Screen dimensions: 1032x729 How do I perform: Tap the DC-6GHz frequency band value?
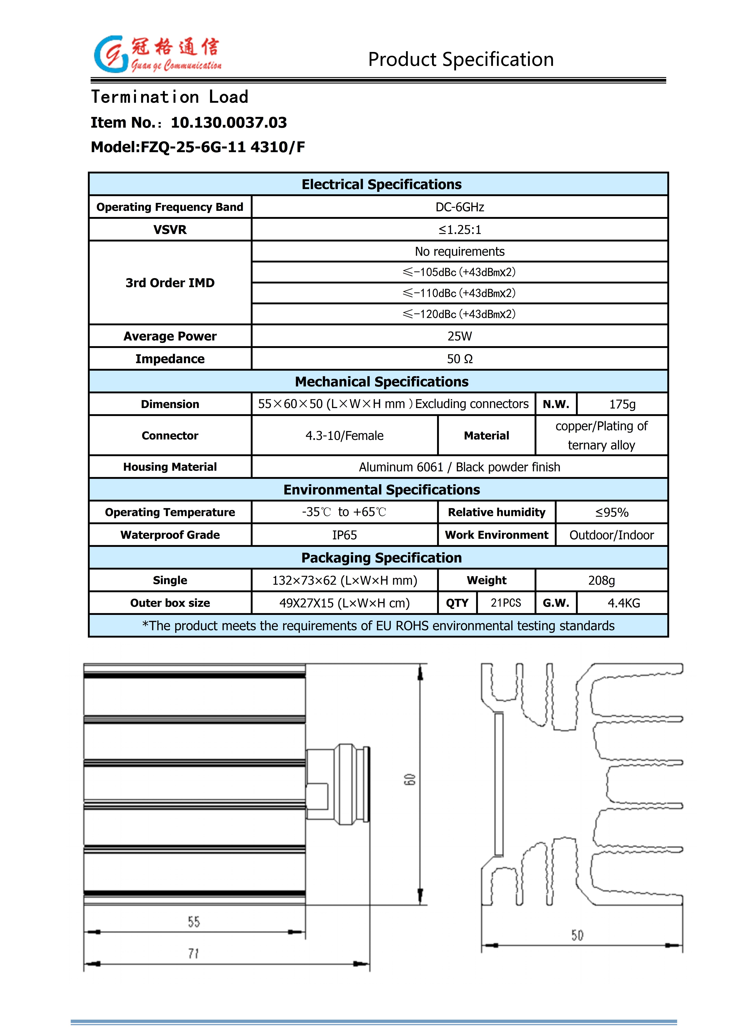[x=460, y=207]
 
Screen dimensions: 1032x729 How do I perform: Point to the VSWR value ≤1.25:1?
[x=460, y=230]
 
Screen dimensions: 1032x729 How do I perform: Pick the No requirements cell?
[x=460, y=251]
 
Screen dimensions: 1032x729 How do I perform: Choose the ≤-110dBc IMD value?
[x=460, y=293]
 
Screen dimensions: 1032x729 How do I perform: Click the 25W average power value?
[x=460, y=336]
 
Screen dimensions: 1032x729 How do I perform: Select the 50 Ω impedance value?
[x=460, y=359]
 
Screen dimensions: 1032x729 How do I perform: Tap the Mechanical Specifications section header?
[x=381, y=382]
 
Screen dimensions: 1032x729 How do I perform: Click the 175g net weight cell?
[x=622, y=404]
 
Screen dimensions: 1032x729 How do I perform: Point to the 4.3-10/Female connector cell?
[x=344, y=435]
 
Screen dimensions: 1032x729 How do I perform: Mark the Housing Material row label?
[x=170, y=467]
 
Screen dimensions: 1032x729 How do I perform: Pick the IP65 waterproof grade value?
[x=344, y=535]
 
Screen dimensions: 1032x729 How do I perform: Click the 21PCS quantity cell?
[x=506, y=603]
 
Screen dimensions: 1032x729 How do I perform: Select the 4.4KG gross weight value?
[x=623, y=603]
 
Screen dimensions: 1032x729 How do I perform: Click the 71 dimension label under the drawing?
[x=194, y=953]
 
